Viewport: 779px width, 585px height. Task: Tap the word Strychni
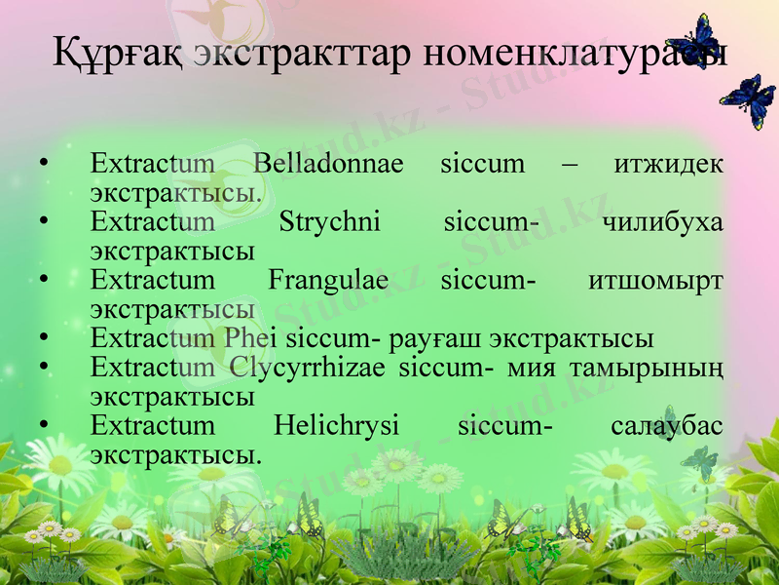tap(329, 223)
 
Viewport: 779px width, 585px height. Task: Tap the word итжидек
tap(669, 163)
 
